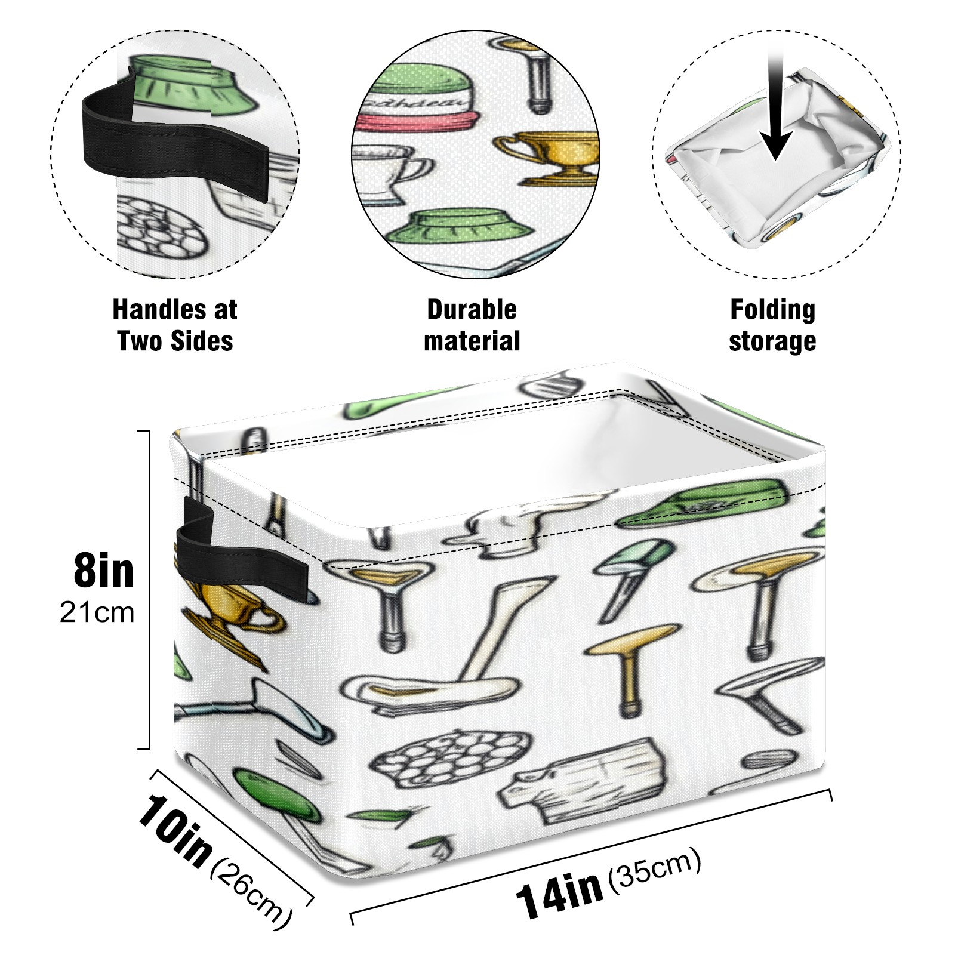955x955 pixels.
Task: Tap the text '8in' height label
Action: [x=103, y=571]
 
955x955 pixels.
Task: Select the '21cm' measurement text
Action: [x=97, y=613]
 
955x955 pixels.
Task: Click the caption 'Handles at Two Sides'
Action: [x=175, y=325]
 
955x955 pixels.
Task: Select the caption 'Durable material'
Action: [x=472, y=325]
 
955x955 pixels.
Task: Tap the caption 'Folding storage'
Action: [x=772, y=325]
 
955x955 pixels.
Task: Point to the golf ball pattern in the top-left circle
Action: [x=158, y=230]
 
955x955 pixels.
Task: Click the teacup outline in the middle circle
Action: [x=388, y=173]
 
